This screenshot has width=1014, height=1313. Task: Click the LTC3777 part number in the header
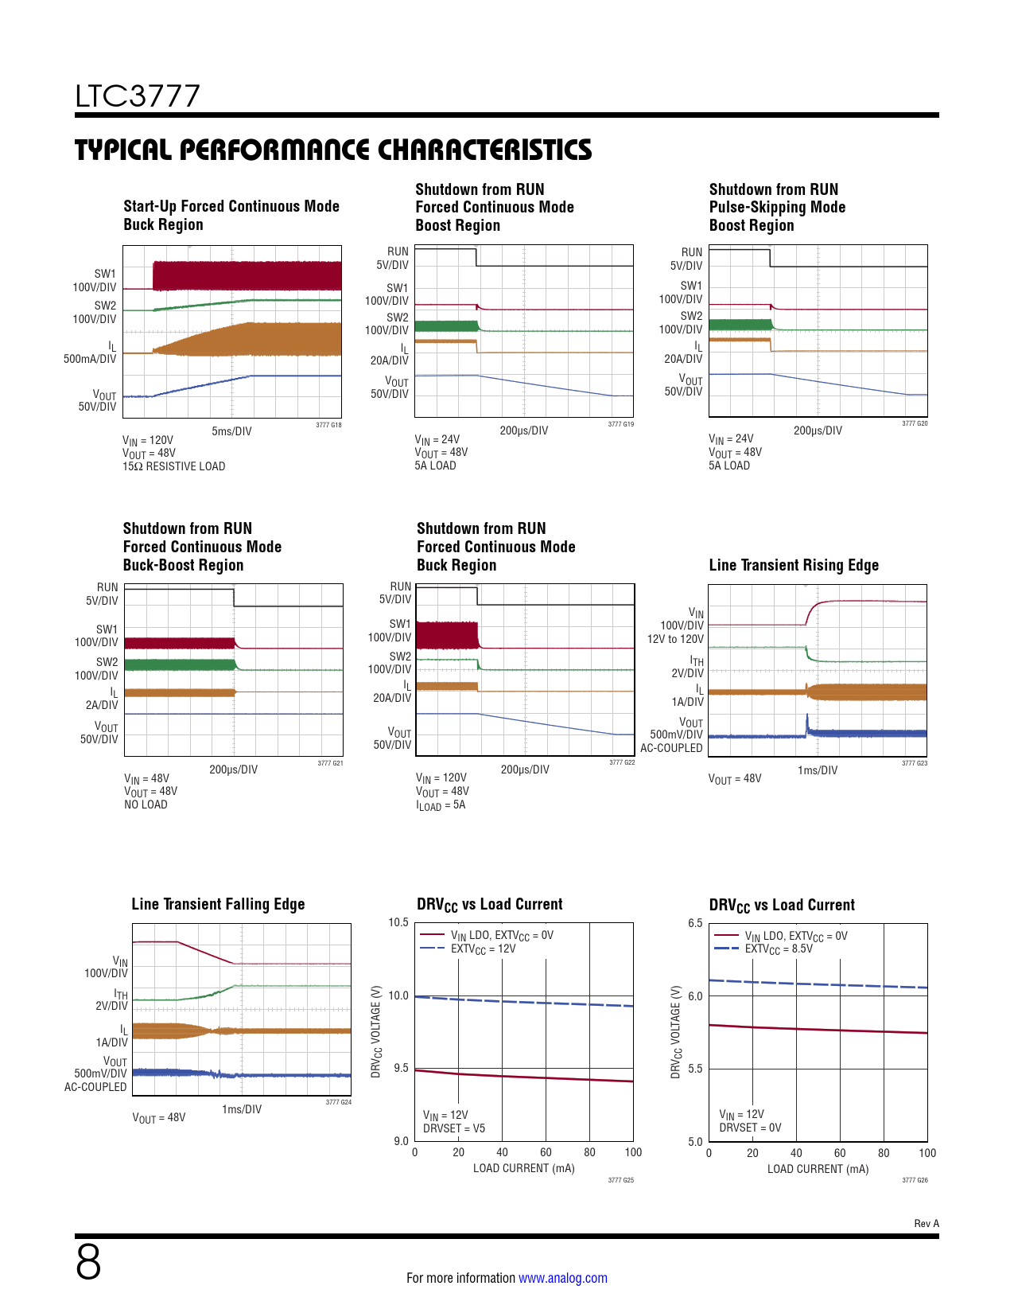(138, 96)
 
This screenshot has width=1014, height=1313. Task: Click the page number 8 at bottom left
(88, 1262)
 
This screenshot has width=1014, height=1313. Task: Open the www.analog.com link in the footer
(562, 1278)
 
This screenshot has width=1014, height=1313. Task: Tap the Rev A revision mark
(926, 1224)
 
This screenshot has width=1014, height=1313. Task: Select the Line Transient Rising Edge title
(793, 565)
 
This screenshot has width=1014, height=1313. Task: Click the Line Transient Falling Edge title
(218, 904)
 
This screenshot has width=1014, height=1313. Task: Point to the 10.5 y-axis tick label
(398, 922)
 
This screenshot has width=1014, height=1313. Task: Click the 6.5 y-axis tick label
(695, 923)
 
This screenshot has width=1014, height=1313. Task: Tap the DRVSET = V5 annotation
(453, 1128)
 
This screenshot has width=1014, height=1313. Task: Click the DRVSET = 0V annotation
(750, 1128)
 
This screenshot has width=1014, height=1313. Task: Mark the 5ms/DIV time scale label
(231, 431)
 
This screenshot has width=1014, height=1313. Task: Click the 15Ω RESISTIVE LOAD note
(173, 466)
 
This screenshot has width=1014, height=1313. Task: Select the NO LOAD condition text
(146, 805)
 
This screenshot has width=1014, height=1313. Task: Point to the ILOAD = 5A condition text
(441, 805)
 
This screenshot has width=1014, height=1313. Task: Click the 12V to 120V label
(674, 639)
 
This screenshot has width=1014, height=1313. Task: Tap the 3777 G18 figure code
(328, 425)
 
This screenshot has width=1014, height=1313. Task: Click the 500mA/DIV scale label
(90, 359)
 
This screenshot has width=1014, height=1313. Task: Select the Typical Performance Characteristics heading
(333, 150)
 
